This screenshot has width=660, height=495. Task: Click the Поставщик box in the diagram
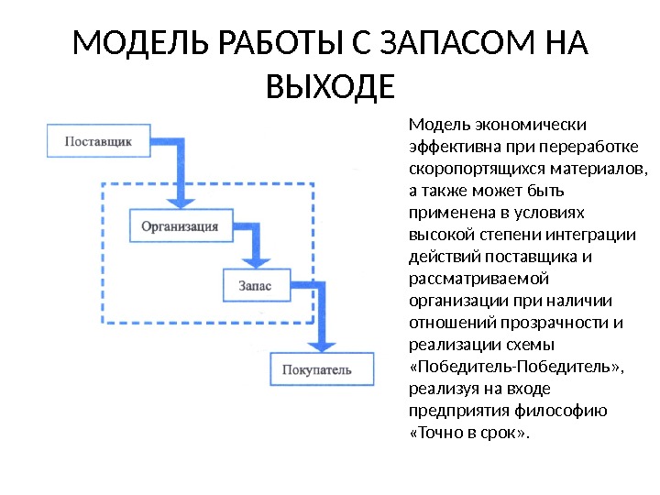point(97,142)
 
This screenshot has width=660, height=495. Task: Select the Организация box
point(179,225)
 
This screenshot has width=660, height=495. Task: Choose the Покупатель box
point(324,369)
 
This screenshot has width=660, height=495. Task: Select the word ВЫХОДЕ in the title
point(329,88)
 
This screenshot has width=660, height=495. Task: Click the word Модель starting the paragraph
point(434,125)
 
